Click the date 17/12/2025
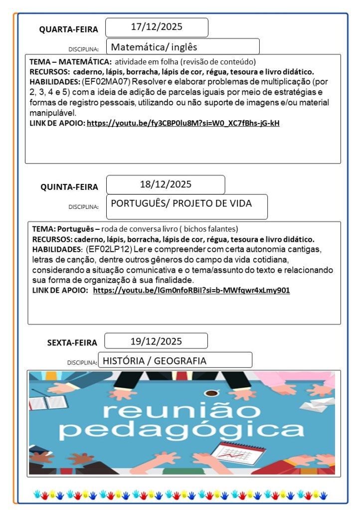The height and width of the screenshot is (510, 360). pos(157,27)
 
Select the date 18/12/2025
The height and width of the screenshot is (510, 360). pos(166,184)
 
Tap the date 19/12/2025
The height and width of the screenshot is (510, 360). pos(156,341)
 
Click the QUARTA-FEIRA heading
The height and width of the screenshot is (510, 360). pos(69,29)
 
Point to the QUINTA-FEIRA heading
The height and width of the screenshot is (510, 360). pos(69,187)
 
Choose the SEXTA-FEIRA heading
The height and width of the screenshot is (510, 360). pos(72,342)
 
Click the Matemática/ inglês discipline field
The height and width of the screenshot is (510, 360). pos(155,47)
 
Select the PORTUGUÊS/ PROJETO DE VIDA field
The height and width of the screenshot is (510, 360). pos(181,203)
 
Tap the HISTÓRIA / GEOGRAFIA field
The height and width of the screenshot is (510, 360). pos(154,361)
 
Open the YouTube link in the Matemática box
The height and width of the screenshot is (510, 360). pos(183,123)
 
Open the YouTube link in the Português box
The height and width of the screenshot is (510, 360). pos(191,290)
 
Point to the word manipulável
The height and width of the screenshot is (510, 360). pos(53,113)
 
